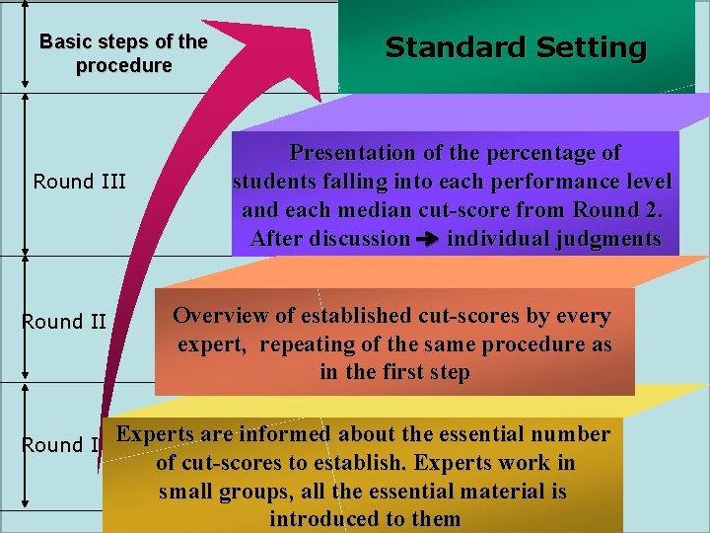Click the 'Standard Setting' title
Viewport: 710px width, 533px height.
515,47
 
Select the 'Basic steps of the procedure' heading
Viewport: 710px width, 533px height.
123,54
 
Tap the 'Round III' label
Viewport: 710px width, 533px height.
80,181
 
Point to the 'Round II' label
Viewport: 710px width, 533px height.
64,321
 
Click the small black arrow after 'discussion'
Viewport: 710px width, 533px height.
429,239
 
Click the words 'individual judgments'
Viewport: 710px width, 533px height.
554,238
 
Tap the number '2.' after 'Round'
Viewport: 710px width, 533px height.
656,209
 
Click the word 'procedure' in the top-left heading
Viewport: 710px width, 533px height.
123,66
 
